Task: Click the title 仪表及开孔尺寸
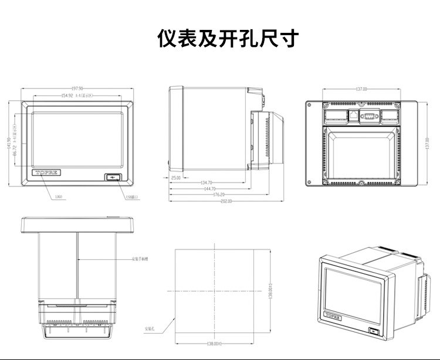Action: click(x=228, y=39)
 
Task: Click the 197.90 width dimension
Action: click(x=77, y=89)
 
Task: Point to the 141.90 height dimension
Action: click(x=9, y=144)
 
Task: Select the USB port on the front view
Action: click(x=113, y=176)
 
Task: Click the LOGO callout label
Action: click(x=58, y=197)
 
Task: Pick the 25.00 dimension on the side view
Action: click(x=175, y=177)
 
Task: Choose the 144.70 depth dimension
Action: click(x=209, y=189)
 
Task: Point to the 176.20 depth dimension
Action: click(x=218, y=195)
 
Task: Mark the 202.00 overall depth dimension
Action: click(x=226, y=201)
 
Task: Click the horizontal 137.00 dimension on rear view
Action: click(x=361, y=89)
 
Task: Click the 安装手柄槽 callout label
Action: click(x=141, y=259)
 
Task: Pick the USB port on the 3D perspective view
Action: click(x=374, y=331)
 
